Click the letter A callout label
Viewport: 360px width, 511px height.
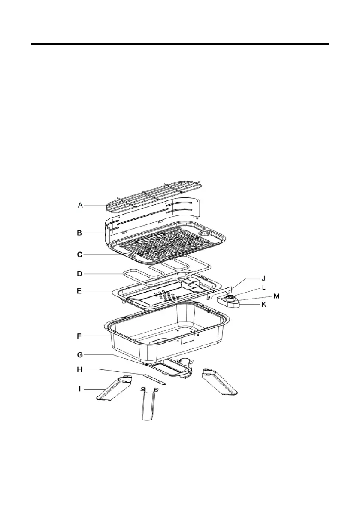click(x=80, y=206)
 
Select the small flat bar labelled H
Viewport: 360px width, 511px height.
click(x=153, y=377)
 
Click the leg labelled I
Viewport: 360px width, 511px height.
click(x=111, y=389)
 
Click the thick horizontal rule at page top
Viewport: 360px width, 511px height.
click(x=180, y=44)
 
